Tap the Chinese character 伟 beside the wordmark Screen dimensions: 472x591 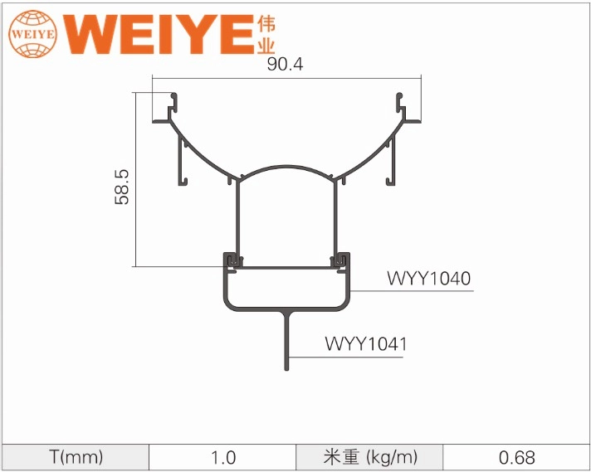coord(267,22)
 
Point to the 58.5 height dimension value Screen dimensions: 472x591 coord(122,186)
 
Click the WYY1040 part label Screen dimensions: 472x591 coord(428,279)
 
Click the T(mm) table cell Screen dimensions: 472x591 coord(75,457)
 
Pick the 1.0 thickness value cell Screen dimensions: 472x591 coord(222,457)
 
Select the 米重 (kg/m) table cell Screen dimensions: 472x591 coord(370,457)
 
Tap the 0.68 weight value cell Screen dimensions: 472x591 coord(516,457)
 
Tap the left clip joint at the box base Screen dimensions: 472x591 coord(232,262)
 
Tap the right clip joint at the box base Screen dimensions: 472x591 coord(341,262)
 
